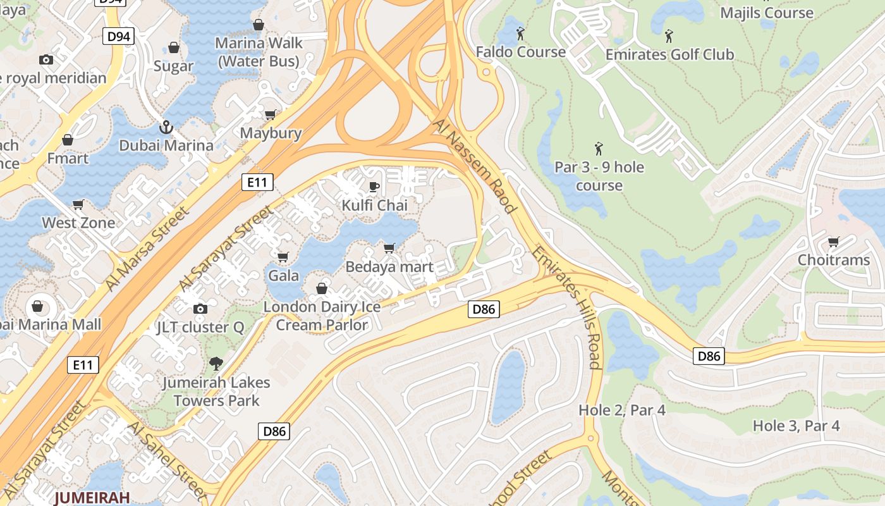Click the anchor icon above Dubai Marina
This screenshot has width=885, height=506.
166,127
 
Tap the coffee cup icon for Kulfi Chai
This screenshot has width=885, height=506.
374,187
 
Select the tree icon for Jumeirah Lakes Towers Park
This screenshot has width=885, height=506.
216,364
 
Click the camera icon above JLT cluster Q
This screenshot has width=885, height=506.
200,309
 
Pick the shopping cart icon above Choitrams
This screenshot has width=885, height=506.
833,242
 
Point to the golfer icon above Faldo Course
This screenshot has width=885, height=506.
520,33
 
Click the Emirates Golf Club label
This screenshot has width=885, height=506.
669,54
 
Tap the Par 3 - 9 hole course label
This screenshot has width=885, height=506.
599,176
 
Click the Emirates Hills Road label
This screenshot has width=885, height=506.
566,307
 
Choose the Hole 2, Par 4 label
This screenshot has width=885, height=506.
622,410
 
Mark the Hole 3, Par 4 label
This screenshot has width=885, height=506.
796,426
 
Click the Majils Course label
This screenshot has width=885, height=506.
766,13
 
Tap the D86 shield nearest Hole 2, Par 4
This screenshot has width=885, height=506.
709,356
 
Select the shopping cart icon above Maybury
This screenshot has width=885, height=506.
271,115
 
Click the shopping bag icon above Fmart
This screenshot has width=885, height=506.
68,140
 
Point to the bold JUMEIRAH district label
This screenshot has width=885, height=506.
92,497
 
